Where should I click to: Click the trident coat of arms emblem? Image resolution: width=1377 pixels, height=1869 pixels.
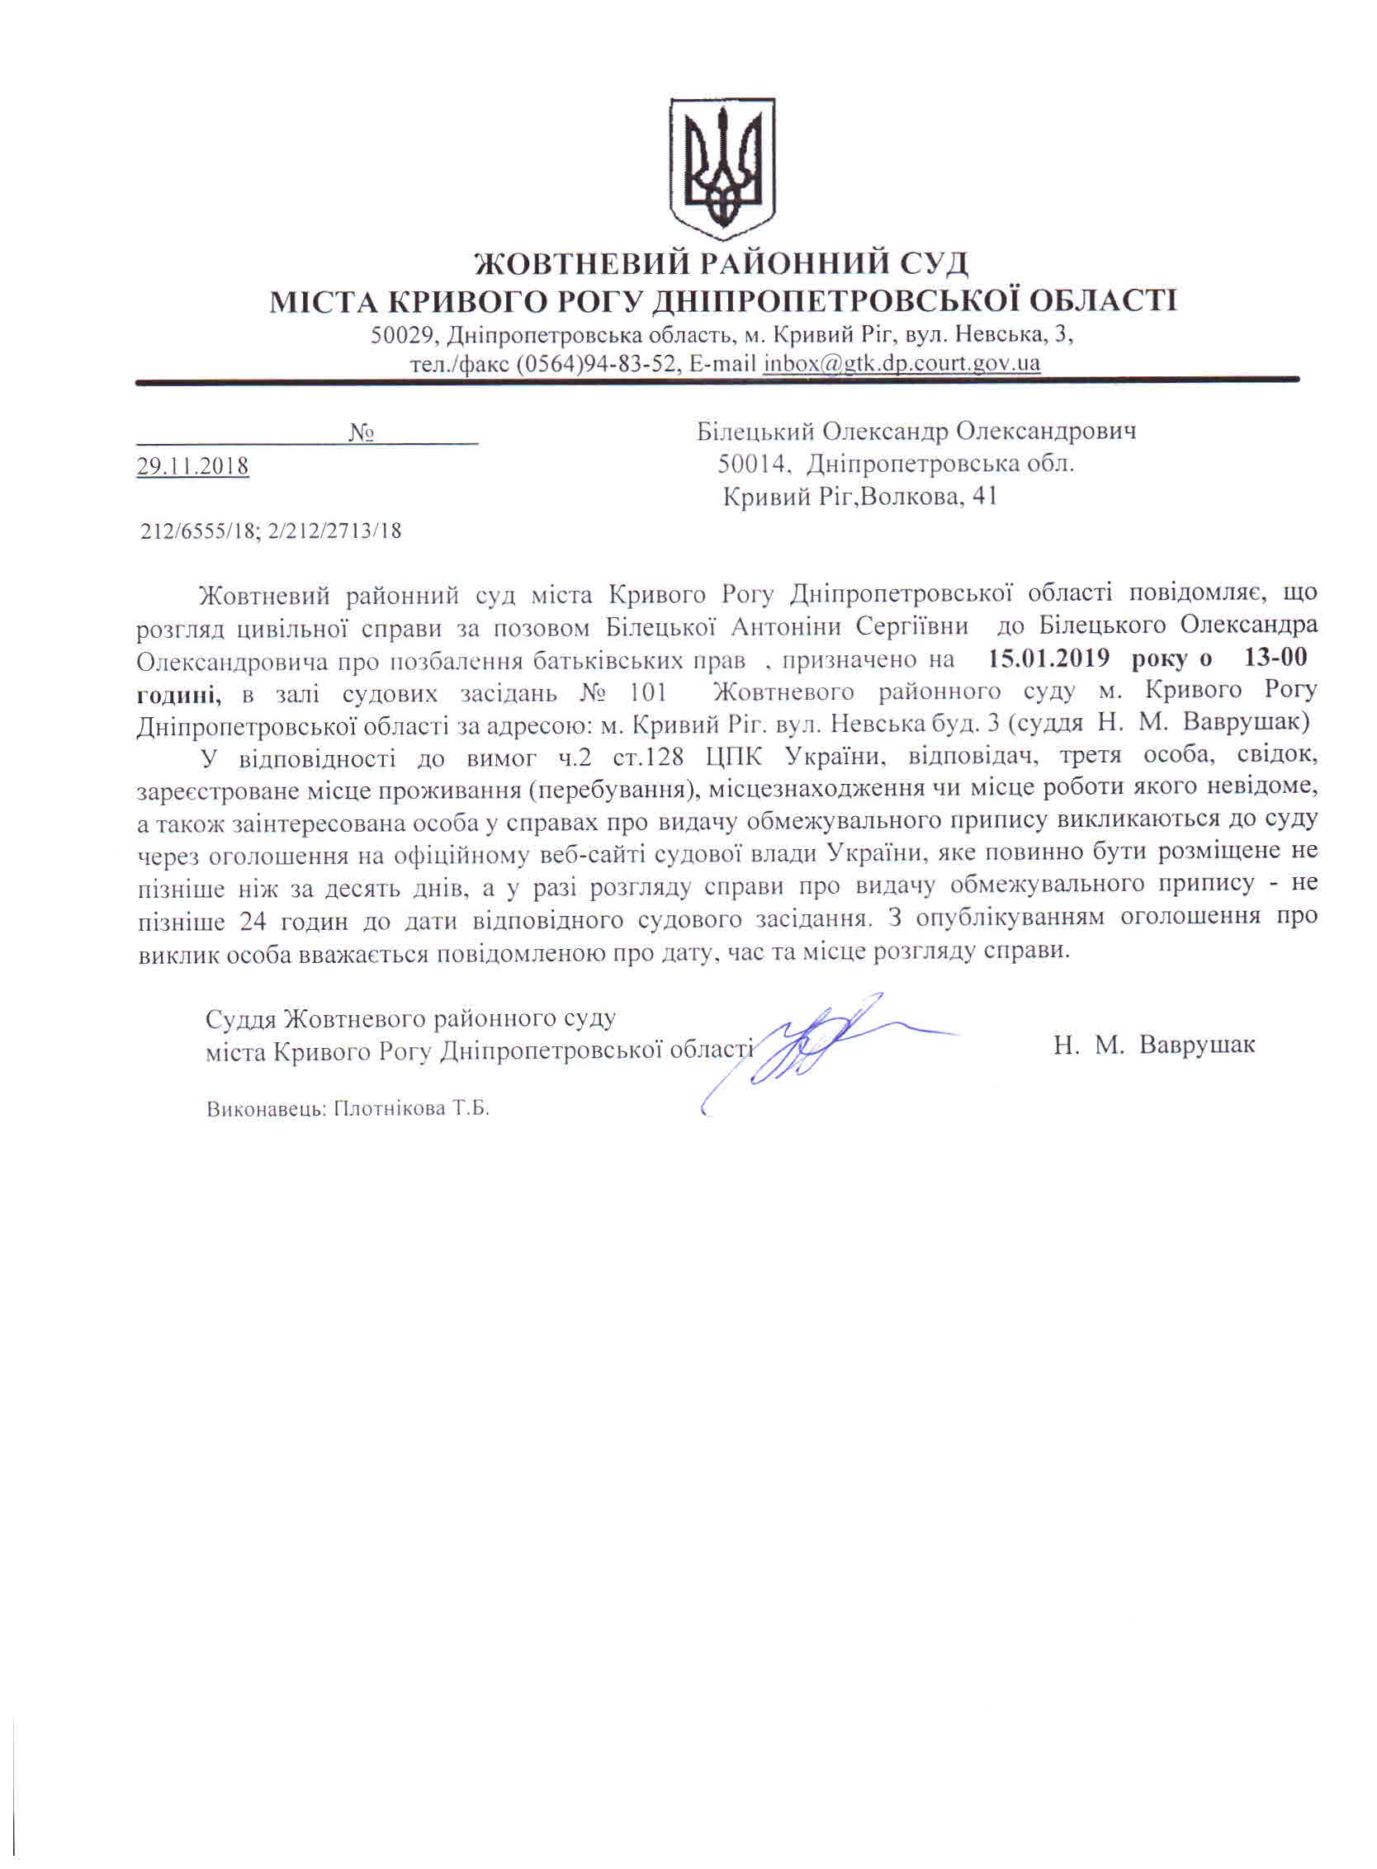(x=722, y=164)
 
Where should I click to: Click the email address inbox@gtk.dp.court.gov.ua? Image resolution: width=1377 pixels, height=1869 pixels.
(x=901, y=364)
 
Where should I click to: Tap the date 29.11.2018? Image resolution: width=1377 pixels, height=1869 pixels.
(x=192, y=465)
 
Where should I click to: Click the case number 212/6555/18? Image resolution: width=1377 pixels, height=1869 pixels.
(x=196, y=531)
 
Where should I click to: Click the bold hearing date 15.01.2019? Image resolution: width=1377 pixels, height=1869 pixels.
(x=1048, y=658)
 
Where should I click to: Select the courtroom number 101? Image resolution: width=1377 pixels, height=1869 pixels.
(x=649, y=691)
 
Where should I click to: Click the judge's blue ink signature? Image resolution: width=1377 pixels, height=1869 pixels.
(x=816, y=1045)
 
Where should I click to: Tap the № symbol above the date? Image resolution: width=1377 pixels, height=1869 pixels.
(x=360, y=433)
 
